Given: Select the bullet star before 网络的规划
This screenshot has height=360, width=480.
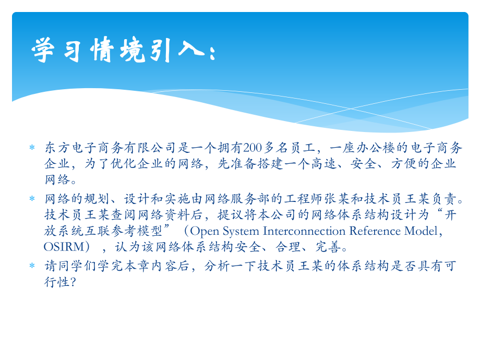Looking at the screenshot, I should click(31, 199).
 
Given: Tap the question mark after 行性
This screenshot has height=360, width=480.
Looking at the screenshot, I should click(74, 282).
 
